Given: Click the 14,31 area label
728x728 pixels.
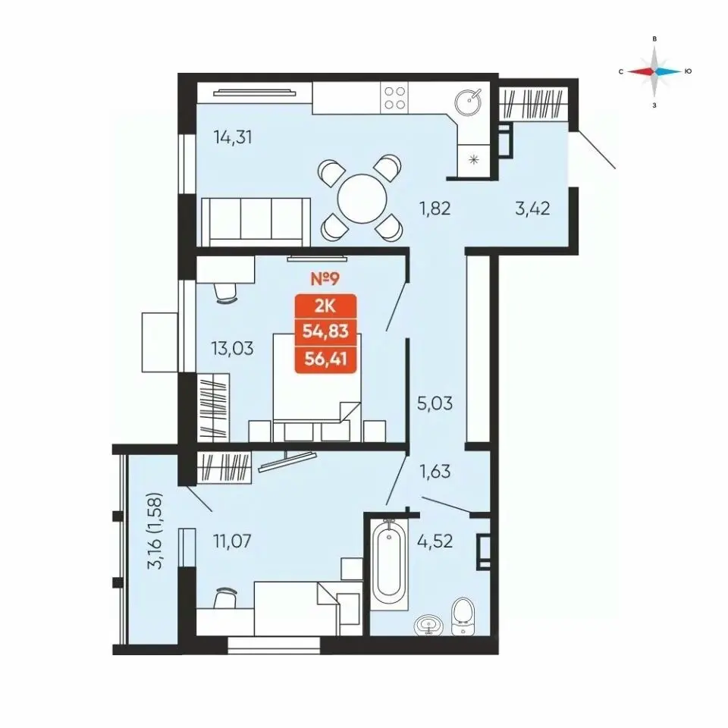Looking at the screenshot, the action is [x=233, y=137].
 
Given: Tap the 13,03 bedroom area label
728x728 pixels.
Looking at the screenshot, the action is [x=233, y=348].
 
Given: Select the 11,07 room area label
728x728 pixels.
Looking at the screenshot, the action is [x=232, y=541].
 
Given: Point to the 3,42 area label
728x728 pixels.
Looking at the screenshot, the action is [x=532, y=209].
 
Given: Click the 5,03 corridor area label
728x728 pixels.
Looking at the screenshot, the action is [x=435, y=403].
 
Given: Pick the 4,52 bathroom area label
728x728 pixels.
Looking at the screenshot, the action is [x=435, y=541].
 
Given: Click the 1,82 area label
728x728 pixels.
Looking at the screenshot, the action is [x=435, y=209].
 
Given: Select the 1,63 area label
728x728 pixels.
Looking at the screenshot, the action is [x=435, y=471].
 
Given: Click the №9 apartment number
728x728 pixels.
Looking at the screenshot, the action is [x=325, y=278].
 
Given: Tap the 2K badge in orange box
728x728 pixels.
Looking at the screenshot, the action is [x=325, y=306].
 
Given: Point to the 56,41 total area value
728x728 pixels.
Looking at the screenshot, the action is [x=325, y=359].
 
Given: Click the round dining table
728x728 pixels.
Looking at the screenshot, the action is [x=362, y=200].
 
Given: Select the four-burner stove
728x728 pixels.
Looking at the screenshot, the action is [x=394, y=98].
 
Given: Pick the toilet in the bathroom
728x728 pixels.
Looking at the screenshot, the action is [x=463, y=617].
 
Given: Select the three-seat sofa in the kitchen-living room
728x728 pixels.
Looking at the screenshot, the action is [x=256, y=221].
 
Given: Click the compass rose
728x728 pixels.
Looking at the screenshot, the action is [x=654, y=71].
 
